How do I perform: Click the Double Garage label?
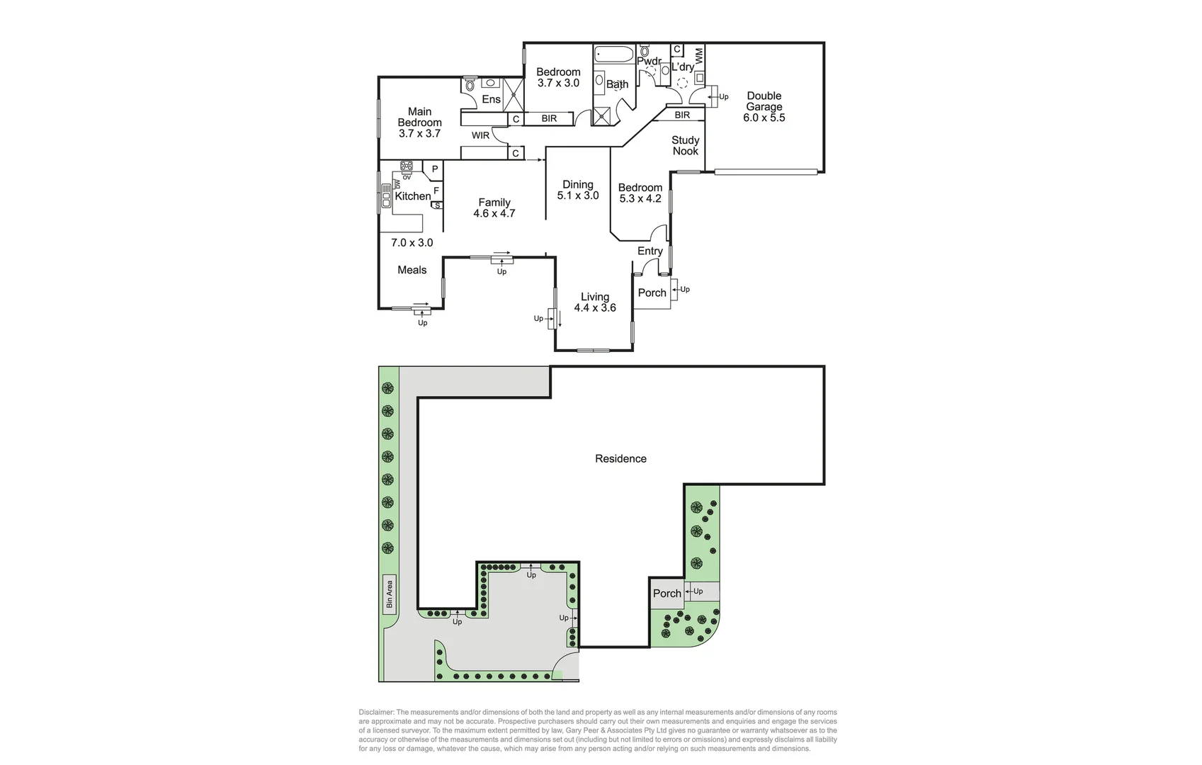[764, 106]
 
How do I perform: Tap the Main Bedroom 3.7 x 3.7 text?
[419, 122]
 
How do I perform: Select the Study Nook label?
[685, 145]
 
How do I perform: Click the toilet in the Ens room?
[470, 85]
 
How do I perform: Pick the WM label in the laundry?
[699, 55]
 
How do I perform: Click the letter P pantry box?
[435, 169]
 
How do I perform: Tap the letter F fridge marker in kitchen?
[436, 191]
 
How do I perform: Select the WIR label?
[480, 135]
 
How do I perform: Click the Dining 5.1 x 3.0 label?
[578, 190]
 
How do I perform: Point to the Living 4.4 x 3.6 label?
[595, 302]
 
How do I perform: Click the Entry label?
[650, 251]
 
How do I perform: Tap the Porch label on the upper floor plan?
[652, 293]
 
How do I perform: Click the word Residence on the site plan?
[620, 458]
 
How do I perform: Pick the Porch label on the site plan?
[667, 594]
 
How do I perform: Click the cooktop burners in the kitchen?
[407, 167]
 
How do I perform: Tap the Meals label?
[412, 270]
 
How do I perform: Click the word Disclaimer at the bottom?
[376, 713]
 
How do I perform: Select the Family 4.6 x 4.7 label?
[494, 208]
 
